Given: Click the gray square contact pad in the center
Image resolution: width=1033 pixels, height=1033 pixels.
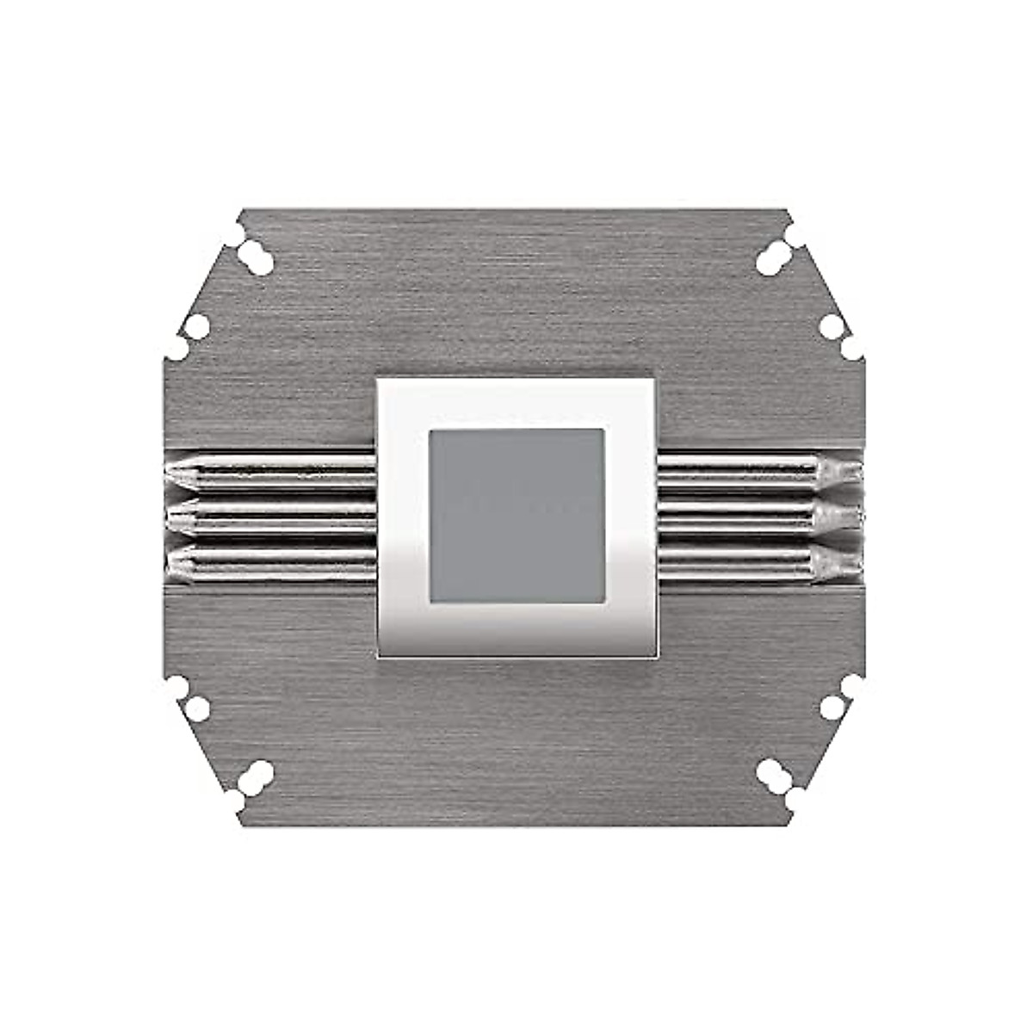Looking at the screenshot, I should coord(516,515).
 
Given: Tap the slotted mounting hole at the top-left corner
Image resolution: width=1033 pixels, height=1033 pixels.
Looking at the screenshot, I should coord(255,256).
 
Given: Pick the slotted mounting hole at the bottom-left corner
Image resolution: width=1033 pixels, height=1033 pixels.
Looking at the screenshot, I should coord(255,776).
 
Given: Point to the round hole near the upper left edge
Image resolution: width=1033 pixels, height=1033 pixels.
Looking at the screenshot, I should coord(197,325).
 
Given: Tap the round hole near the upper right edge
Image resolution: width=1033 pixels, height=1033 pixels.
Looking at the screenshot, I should coord(832,325).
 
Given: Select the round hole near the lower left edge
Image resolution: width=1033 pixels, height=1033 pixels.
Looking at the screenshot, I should coord(197,708).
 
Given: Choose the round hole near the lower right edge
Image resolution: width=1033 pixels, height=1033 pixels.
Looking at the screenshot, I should coord(832,708).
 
